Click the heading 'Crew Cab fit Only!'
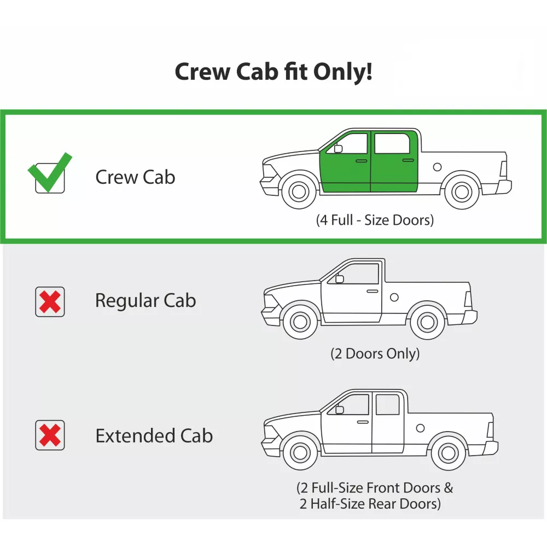tap(273, 72)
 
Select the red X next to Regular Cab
tap(50, 302)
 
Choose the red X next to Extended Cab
tap(50, 435)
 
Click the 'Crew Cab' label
tap(135, 177)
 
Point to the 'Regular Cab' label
tap(146, 301)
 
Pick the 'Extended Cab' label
tap(154, 436)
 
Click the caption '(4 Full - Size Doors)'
tap(375, 220)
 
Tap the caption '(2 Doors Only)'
tap(375, 354)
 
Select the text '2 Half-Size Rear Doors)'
tap(370, 504)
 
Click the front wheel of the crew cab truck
tap(299, 191)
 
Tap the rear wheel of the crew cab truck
tap(462, 191)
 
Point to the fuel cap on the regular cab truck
tap(394, 297)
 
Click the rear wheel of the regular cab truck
tap(427, 322)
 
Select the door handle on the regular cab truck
tap(373, 292)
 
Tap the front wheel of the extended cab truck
tap(300, 453)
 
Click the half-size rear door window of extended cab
tap(388, 405)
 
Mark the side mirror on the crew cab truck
tap(338, 149)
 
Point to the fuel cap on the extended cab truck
tap(420, 428)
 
